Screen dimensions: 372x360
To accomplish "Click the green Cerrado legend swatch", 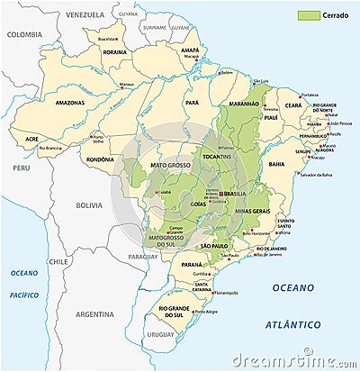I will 310,15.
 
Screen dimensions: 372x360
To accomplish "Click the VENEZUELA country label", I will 85,14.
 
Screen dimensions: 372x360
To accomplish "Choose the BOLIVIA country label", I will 89,205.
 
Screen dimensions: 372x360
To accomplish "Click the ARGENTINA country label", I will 94,315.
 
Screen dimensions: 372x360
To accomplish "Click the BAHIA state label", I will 274,164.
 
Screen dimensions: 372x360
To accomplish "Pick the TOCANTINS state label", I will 216,158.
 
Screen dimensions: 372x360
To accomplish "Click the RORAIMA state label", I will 114,52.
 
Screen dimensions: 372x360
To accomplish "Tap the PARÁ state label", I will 192,104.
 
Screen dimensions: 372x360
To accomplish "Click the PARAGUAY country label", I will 142,257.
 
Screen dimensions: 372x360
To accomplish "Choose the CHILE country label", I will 58,261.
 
